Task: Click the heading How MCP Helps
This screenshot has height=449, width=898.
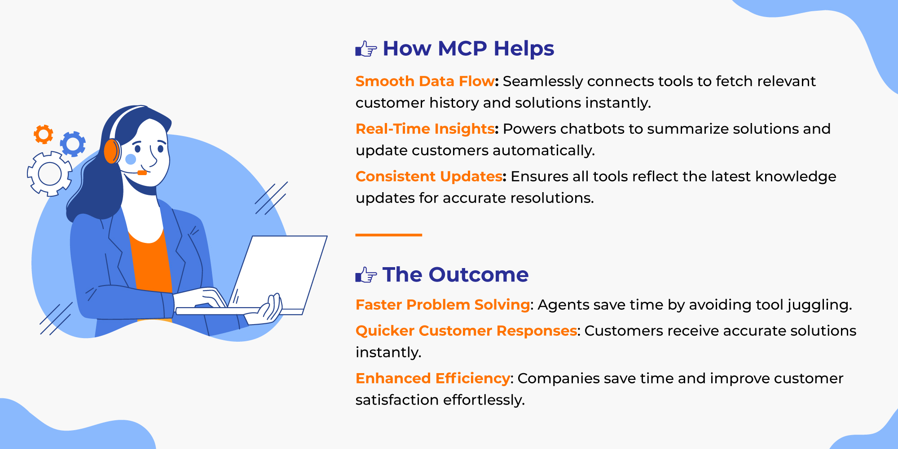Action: coord(468,49)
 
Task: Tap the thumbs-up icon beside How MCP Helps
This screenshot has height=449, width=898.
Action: coord(366,48)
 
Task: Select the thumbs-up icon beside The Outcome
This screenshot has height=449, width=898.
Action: coord(366,275)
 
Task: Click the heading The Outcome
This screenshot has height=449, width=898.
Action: coord(455,275)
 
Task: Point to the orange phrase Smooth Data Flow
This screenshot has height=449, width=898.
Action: coord(425,81)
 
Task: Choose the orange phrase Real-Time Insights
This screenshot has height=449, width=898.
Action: coord(425,129)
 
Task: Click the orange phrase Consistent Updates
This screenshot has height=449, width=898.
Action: coord(429,176)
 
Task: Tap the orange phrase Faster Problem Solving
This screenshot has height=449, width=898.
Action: coord(443,305)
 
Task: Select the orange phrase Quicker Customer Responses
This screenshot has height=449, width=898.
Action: coord(466,331)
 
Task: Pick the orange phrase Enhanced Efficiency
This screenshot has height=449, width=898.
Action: coord(433,379)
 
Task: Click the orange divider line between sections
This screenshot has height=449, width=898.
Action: coord(389,235)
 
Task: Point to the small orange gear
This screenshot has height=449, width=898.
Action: coord(44,134)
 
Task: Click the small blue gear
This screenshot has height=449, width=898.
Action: coord(73,144)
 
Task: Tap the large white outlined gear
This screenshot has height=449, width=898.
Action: coord(49,174)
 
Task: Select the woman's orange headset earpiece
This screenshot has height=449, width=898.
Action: coord(112,151)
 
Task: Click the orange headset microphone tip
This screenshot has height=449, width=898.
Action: coord(142,173)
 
